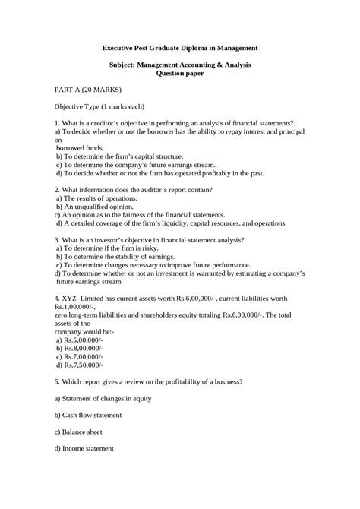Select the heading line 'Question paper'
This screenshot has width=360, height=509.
tap(180, 74)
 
